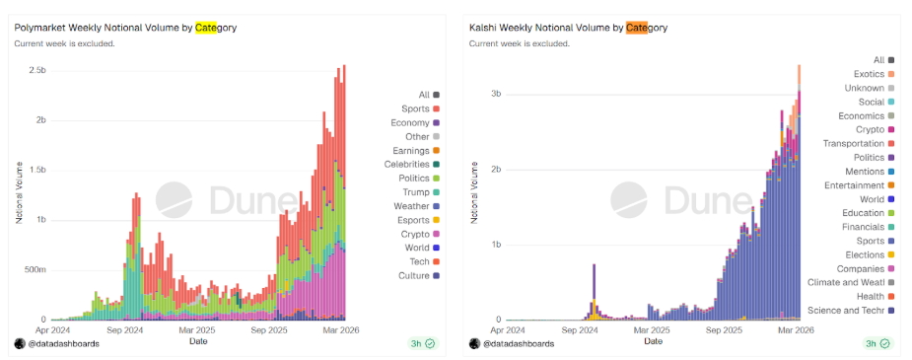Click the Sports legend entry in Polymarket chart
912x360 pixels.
coord(420,108)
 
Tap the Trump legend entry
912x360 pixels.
coord(421,192)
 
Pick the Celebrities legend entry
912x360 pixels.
coord(412,165)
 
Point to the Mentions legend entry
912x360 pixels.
coord(865,172)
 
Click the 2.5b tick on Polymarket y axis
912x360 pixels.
coord(37,70)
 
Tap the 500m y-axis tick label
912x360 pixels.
coord(35,270)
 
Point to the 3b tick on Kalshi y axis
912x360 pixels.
coord(496,95)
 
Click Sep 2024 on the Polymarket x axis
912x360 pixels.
coord(124,329)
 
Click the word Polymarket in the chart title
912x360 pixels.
coord(36,28)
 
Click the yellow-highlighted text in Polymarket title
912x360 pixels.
coord(206,28)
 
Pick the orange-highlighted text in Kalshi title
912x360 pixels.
coord(637,28)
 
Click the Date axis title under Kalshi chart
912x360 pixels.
coord(653,341)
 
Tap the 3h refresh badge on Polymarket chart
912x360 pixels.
coord(422,343)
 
